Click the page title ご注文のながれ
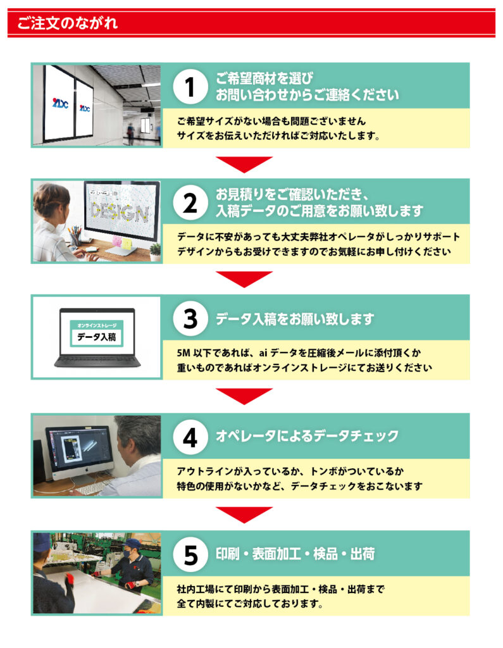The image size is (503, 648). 67,23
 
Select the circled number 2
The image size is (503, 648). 190,203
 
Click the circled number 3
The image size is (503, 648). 190,319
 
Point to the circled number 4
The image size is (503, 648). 190,437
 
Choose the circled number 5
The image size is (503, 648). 190,554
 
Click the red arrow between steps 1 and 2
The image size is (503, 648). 244,164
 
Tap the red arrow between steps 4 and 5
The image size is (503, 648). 244,514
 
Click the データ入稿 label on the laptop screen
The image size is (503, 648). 97,337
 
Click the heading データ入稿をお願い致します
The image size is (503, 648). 295,319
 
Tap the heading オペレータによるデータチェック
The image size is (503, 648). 307,436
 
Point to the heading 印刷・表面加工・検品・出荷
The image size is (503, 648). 295,554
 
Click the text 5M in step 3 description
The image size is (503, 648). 183,353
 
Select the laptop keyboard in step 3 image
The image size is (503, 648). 97,360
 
